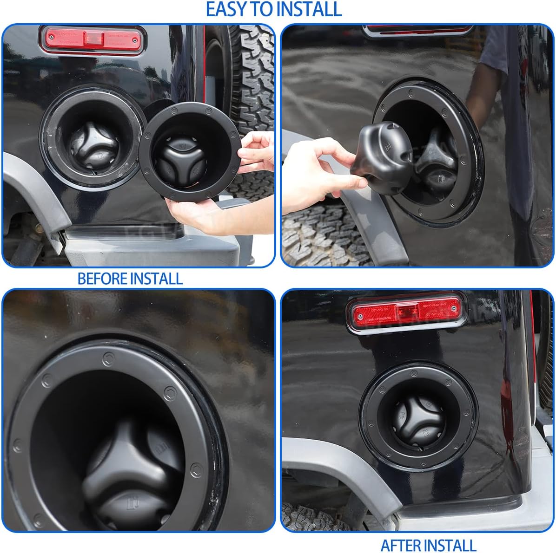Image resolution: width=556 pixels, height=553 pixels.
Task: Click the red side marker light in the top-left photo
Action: click(x=92, y=40)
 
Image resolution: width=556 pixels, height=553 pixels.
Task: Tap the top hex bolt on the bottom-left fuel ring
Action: click(x=107, y=358)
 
